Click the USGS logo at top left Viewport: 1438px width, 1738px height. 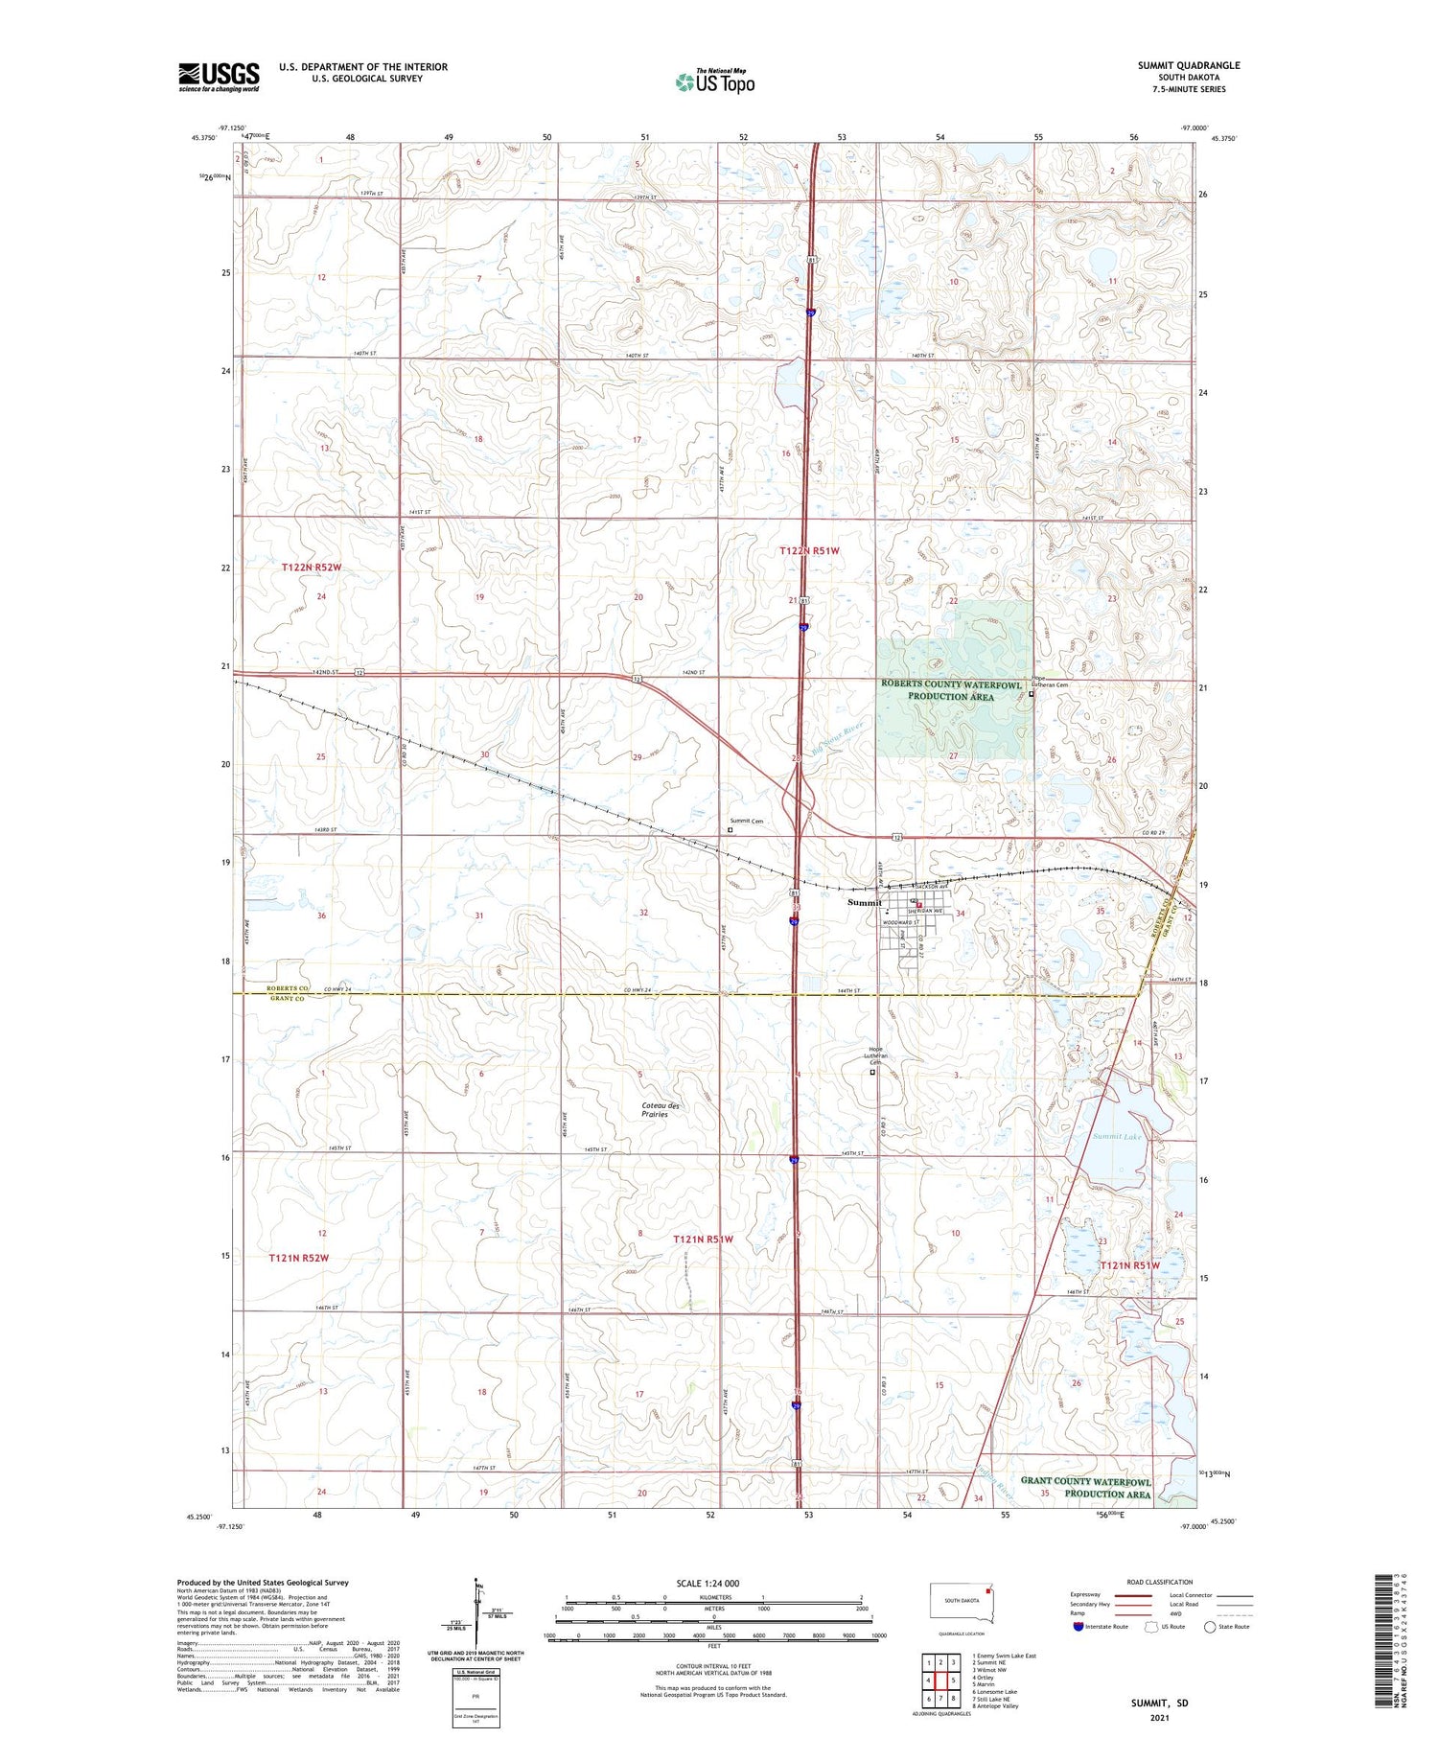click(x=219, y=77)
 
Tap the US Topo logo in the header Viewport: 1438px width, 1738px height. click(x=715, y=81)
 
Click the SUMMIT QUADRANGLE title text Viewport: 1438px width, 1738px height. click(x=1188, y=65)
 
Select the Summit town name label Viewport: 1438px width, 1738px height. click(x=864, y=902)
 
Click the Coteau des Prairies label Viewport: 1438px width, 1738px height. click(x=661, y=1109)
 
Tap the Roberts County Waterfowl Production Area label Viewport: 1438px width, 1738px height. click(x=951, y=690)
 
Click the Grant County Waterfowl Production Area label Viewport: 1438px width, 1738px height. click(x=1085, y=1487)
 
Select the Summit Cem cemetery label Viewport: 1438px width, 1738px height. click(x=747, y=821)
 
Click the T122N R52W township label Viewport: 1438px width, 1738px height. click(x=312, y=568)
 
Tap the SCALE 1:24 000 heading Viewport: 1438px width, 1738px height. click(x=707, y=1583)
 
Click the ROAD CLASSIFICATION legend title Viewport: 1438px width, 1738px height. click(x=1160, y=1582)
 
